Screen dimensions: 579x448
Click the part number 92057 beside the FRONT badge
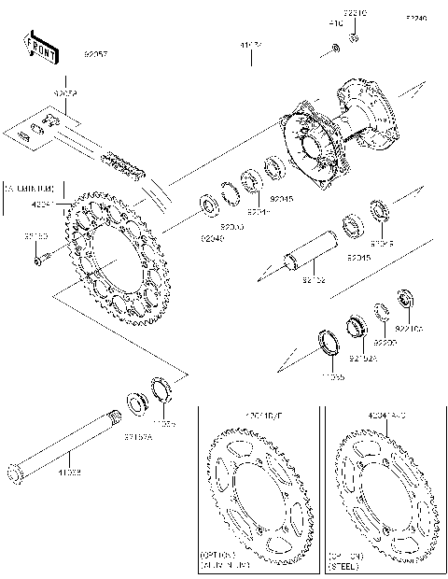(97, 55)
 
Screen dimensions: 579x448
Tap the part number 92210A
(409, 329)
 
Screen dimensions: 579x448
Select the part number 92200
(385, 343)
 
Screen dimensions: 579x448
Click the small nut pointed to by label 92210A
(405, 301)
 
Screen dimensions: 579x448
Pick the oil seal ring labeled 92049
(207, 204)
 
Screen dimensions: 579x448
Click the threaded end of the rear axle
(114, 417)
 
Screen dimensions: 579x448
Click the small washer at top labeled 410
(334, 47)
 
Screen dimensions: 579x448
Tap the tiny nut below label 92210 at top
(354, 39)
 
